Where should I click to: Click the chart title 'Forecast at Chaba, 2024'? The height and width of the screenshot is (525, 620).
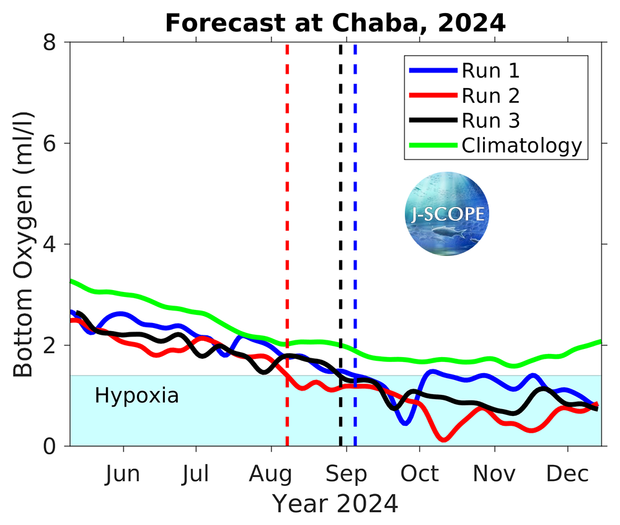click(335, 23)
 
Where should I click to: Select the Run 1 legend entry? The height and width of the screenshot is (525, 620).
click(490, 71)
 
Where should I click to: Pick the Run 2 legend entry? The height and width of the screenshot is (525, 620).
click(490, 95)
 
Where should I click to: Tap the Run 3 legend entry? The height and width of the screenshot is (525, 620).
click(490, 120)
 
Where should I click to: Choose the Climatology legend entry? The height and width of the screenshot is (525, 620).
click(521, 146)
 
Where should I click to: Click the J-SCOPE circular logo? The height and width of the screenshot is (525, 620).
click(447, 214)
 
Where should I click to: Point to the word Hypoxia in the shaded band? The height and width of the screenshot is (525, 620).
click(136, 395)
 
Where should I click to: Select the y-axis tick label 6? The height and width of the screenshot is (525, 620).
click(54, 143)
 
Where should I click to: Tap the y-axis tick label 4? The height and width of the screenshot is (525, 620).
click(54, 244)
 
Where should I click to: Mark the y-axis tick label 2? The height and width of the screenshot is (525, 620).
click(54, 345)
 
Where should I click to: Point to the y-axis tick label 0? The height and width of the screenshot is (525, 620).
click(54, 446)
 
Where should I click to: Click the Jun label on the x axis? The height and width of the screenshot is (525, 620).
click(122, 474)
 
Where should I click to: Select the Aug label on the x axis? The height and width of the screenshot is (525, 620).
click(271, 474)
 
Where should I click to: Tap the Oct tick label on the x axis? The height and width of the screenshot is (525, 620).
click(420, 474)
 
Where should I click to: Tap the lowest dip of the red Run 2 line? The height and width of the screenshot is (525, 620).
click(444, 439)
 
